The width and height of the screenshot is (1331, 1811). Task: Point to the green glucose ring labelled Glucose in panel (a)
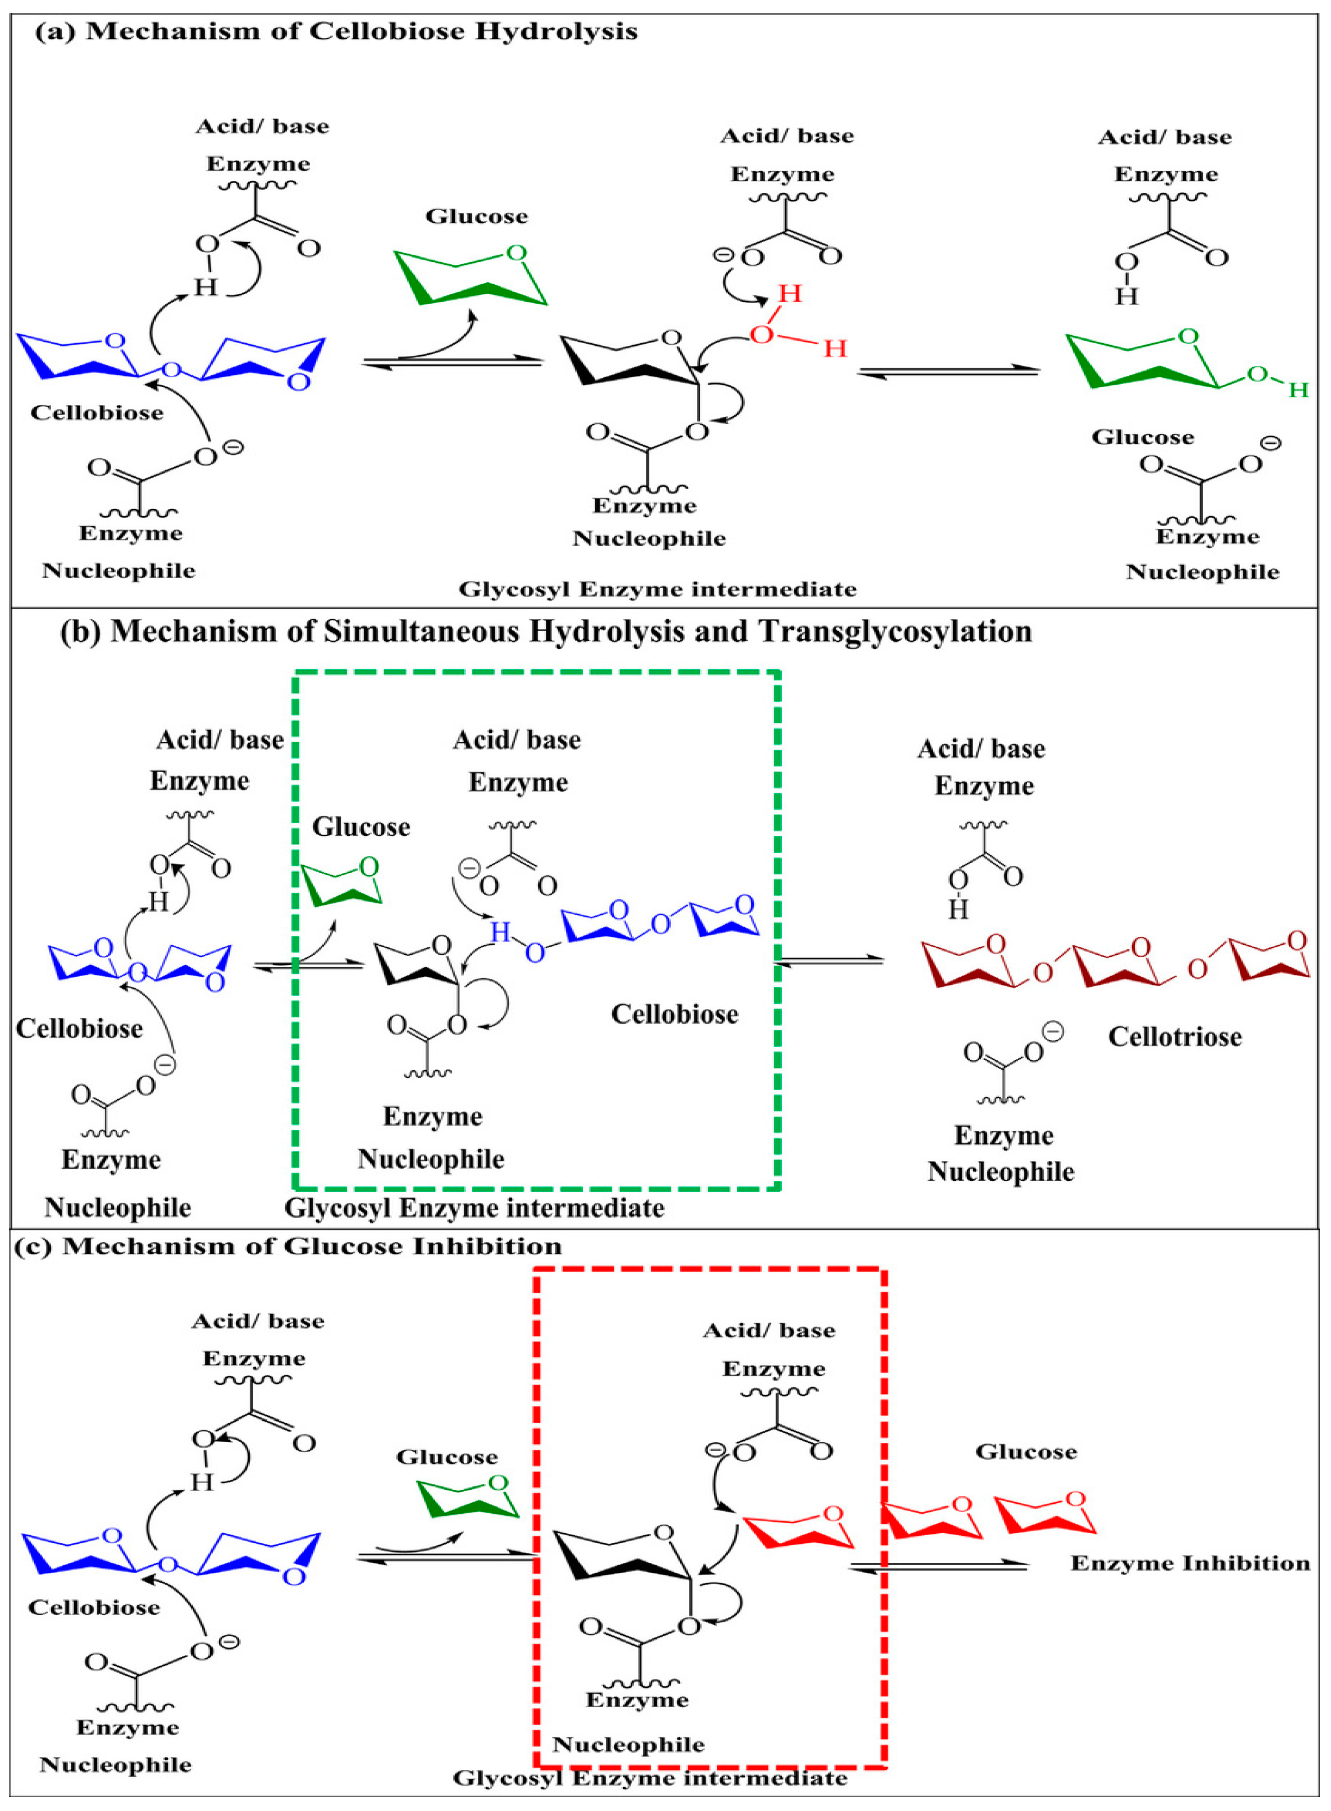coord(471,278)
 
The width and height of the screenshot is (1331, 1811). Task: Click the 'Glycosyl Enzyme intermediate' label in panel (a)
coord(656,590)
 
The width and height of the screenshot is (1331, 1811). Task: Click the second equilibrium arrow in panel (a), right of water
coord(948,372)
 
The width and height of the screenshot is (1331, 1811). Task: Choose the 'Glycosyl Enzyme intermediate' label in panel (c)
coord(649,1778)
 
